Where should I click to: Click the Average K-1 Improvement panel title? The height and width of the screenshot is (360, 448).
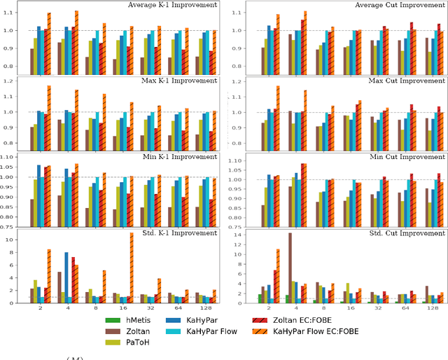[174, 6]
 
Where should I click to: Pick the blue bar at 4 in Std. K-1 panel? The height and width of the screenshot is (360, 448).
[66, 277]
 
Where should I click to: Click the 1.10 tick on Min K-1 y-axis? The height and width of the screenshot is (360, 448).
[8, 157]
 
